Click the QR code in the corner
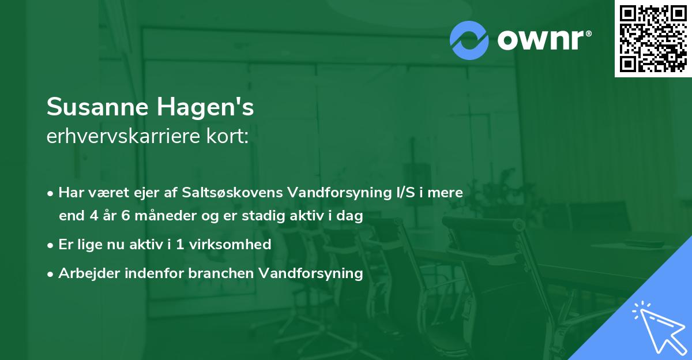(x=653, y=39)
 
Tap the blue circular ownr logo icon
(x=469, y=40)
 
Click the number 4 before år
(x=94, y=216)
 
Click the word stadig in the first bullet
(x=257, y=216)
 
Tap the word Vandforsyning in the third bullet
(x=311, y=273)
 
